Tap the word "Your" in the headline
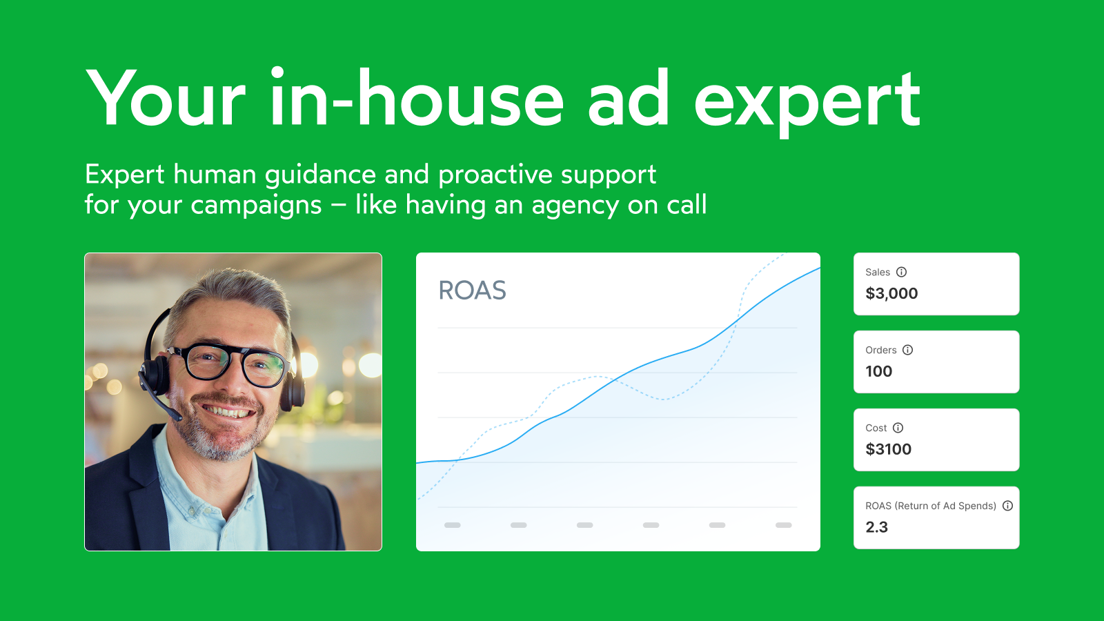click(x=166, y=97)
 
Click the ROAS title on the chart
click(x=472, y=290)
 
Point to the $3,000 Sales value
click(x=891, y=294)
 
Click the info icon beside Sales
click(x=901, y=272)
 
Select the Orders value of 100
click(x=879, y=371)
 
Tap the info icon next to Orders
click(x=908, y=350)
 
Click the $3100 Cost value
click(x=889, y=449)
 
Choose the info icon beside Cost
click(x=898, y=428)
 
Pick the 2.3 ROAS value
click(x=877, y=527)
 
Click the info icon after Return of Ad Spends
click(x=1008, y=506)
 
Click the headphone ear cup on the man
click(x=154, y=375)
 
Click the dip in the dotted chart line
click(x=663, y=399)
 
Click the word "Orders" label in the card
click(x=880, y=350)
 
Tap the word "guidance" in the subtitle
click(x=321, y=176)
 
